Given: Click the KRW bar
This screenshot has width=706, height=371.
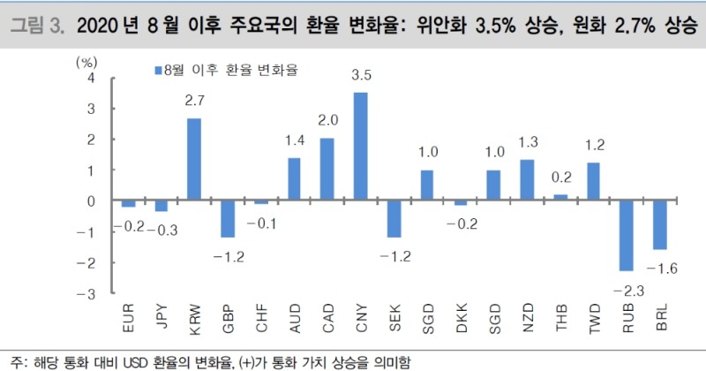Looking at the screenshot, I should [193, 160].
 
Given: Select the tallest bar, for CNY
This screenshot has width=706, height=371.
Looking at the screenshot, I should [360, 147].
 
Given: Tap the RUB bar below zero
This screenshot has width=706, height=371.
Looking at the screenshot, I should [627, 236].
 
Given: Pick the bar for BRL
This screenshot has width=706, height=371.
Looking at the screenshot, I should [660, 225].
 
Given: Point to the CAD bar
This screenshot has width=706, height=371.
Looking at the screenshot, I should [327, 170].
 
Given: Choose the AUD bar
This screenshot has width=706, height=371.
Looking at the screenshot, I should [294, 179].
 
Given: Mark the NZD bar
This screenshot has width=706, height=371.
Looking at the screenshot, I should [527, 180].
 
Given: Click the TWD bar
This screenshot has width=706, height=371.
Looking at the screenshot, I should [593, 182].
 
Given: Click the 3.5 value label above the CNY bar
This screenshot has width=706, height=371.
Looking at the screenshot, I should [360, 76].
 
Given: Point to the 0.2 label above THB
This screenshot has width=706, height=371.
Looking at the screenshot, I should [560, 177].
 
